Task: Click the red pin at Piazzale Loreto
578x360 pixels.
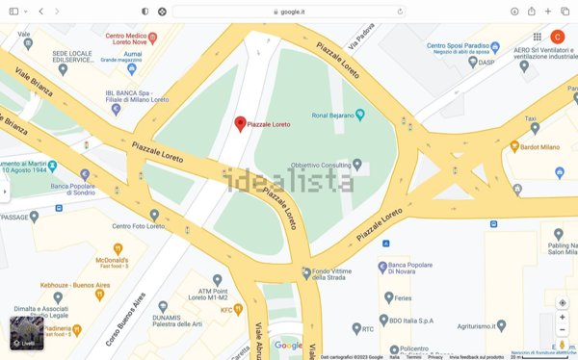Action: [241, 123]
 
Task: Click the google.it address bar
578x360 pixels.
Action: [288, 11]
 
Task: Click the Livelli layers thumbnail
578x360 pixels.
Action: [26, 332]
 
